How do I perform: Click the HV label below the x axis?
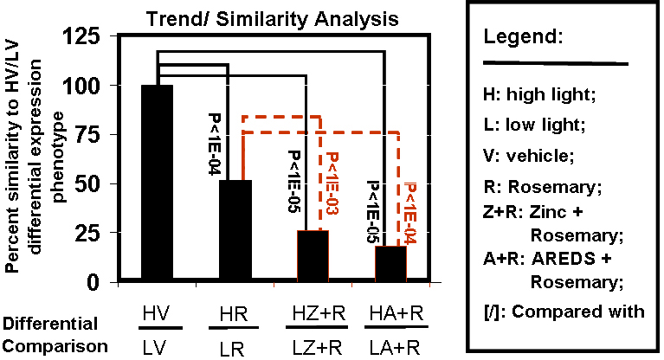[x=156, y=313]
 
